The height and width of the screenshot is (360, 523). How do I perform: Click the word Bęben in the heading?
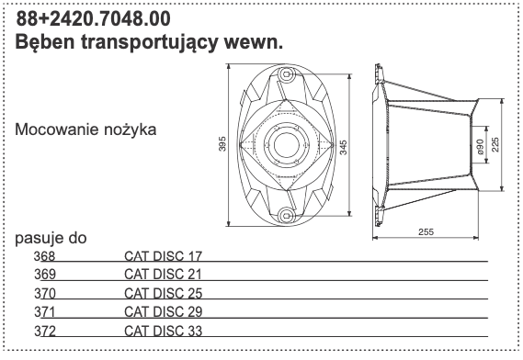pyautogui.click(x=47, y=42)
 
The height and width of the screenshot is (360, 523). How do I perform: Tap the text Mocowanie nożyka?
pyautogui.click(x=85, y=129)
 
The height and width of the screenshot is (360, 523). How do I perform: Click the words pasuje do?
pyautogui.click(x=51, y=239)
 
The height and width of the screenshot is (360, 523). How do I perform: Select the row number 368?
pyautogui.click(x=44, y=255)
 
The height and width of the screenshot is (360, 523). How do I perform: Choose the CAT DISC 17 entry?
pyautogui.click(x=162, y=255)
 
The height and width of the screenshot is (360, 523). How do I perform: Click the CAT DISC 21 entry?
pyautogui.click(x=162, y=274)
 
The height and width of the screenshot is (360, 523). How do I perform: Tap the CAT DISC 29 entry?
pyautogui.click(x=162, y=311)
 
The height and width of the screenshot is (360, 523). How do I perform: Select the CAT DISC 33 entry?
pyautogui.click(x=162, y=330)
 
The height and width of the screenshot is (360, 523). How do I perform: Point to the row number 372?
pyautogui.click(x=44, y=330)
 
